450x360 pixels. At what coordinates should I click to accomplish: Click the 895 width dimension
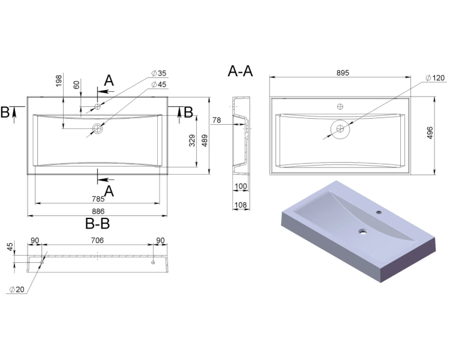click(x=343, y=73)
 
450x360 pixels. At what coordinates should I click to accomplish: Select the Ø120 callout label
click(x=435, y=78)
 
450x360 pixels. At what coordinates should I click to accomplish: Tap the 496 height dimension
click(x=430, y=133)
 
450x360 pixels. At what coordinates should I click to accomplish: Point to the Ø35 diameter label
click(x=159, y=73)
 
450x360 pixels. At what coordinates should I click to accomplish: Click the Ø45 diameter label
click(x=159, y=85)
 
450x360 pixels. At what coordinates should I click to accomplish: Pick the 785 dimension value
click(x=98, y=199)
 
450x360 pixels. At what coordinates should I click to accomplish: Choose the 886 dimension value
click(x=98, y=211)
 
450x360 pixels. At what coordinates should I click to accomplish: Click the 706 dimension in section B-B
click(x=97, y=240)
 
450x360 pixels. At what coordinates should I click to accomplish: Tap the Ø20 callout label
click(x=17, y=290)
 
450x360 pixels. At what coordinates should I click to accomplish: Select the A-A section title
click(x=240, y=71)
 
